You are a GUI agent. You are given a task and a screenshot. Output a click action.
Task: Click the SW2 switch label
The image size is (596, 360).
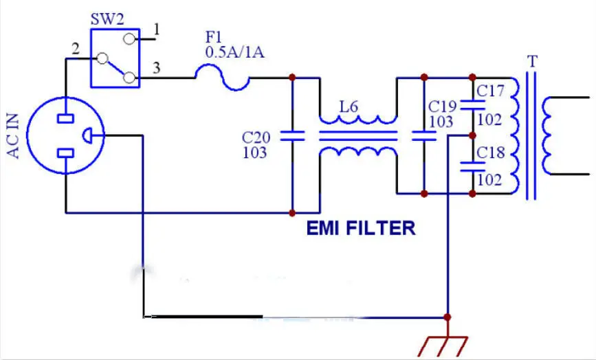pyautogui.click(x=107, y=19)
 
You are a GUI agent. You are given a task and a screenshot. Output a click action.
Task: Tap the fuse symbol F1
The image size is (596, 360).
pyautogui.click(x=222, y=78)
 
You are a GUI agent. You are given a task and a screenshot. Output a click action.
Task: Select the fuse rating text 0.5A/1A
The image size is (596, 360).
pyautogui.click(x=234, y=52)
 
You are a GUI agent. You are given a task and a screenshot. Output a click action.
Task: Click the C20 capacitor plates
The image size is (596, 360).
pyautogui.click(x=292, y=136)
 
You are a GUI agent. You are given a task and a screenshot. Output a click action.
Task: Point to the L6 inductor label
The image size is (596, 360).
pyautogui.click(x=349, y=107)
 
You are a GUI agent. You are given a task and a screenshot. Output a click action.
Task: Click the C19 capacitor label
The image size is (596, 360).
pyautogui.click(x=442, y=106)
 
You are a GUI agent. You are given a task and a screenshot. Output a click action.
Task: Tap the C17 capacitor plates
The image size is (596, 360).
pyautogui.click(x=472, y=106)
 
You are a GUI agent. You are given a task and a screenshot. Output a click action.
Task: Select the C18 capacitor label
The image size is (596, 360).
pyautogui.click(x=491, y=153)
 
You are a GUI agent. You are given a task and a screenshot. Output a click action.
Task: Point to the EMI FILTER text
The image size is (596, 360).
pyautogui.click(x=361, y=229)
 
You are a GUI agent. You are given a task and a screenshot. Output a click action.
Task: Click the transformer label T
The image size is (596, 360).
pyautogui.click(x=532, y=60)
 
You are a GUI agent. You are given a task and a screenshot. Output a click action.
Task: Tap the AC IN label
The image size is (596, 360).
pyautogui.click(x=13, y=136)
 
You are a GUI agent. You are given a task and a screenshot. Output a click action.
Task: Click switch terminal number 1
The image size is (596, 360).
pyautogui.click(x=157, y=30)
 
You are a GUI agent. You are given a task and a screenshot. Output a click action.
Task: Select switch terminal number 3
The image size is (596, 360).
pyautogui.click(x=157, y=68)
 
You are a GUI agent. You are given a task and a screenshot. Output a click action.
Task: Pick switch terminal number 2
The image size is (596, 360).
pyautogui.click(x=76, y=49)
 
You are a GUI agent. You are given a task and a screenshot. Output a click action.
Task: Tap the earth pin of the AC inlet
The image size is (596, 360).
pyautogui.click(x=87, y=135)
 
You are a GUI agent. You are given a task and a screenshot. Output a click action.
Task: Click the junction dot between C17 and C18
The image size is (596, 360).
pyautogui.click(x=472, y=135)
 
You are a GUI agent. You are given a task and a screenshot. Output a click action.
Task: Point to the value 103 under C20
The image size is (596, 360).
pyautogui.click(x=254, y=153)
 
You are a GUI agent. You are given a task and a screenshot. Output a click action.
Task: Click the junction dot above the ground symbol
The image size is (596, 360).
pyautogui.click(x=448, y=317)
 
